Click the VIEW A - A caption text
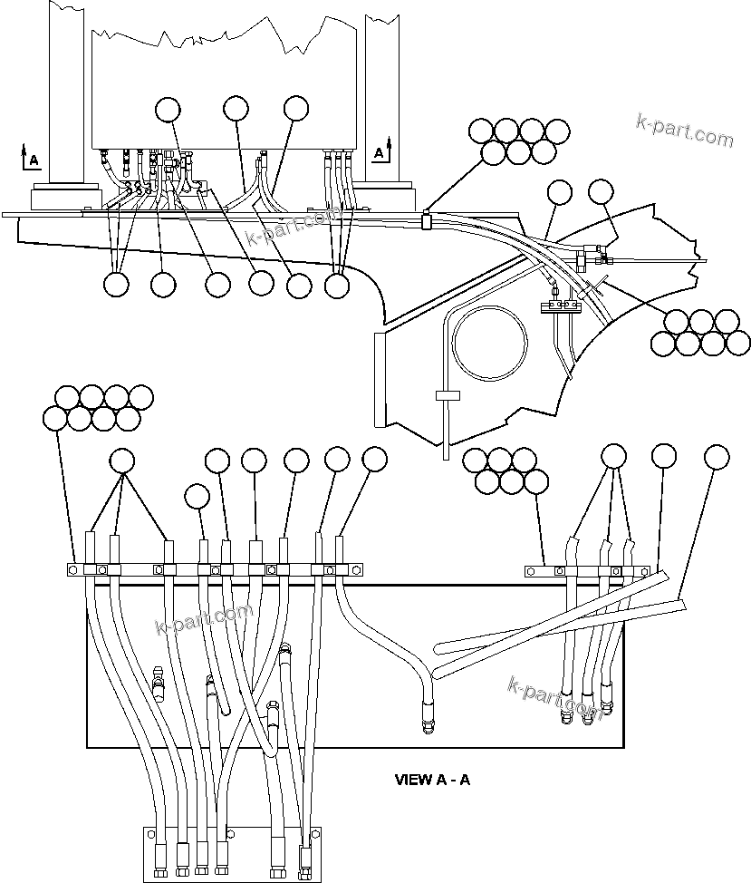[x=432, y=779]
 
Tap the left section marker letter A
[x=34, y=160]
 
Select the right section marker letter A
[x=379, y=154]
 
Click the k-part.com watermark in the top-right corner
[x=685, y=131]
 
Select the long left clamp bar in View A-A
[x=217, y=569]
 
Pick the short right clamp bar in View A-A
[x=586, y=571]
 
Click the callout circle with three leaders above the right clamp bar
[x=614, y=456]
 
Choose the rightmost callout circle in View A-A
[x=717, y=456]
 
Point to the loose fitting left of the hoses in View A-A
[x=159, y=684]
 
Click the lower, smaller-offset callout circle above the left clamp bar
[x=197, y=495]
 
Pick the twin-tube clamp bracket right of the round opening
[x=559, y=308]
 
